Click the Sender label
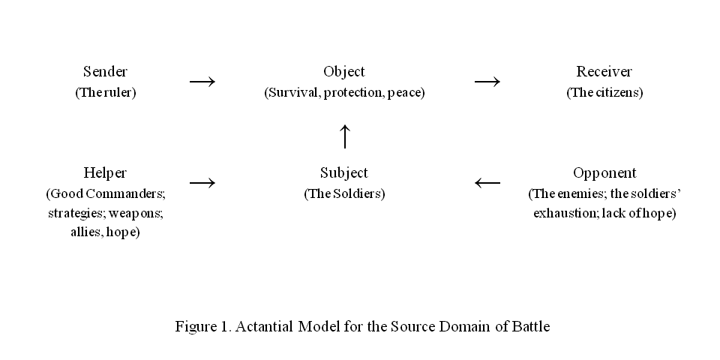105,72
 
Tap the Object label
344,72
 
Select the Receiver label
604,72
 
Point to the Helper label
105,174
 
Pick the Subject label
344,174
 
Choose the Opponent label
604,174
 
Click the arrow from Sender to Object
202,81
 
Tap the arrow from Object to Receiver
487,81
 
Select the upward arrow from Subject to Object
344,136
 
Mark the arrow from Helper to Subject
202,182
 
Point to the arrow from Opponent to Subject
487,182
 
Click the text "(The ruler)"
105,93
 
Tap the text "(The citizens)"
604,93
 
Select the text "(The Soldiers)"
344,194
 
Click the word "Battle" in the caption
531,327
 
